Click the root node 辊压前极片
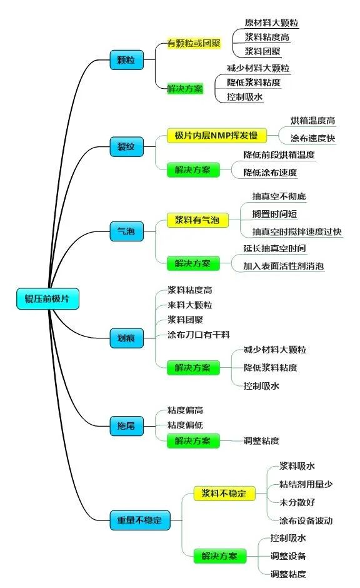[47, 298]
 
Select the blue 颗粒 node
[127, 60]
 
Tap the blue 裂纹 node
[127, 146]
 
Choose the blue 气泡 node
[127, 231]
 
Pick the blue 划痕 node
[127, 338]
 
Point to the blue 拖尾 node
[127, 426]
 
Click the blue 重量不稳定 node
[140, 520]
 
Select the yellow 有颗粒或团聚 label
[194, 43]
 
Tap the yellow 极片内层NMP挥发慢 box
[216, 135]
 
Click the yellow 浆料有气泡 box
[197, 220]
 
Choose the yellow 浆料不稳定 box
[224, 493]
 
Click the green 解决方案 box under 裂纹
[193, 170]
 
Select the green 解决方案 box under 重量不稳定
[220, 555]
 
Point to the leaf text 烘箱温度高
[312, 120]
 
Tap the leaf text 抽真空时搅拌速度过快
[297, 231]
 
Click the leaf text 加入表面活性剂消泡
[284, 266]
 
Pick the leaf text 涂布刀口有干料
[199, 335]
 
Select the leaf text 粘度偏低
[185, 425]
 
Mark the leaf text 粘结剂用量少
[306, 484]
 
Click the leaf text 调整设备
[288, 555]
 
